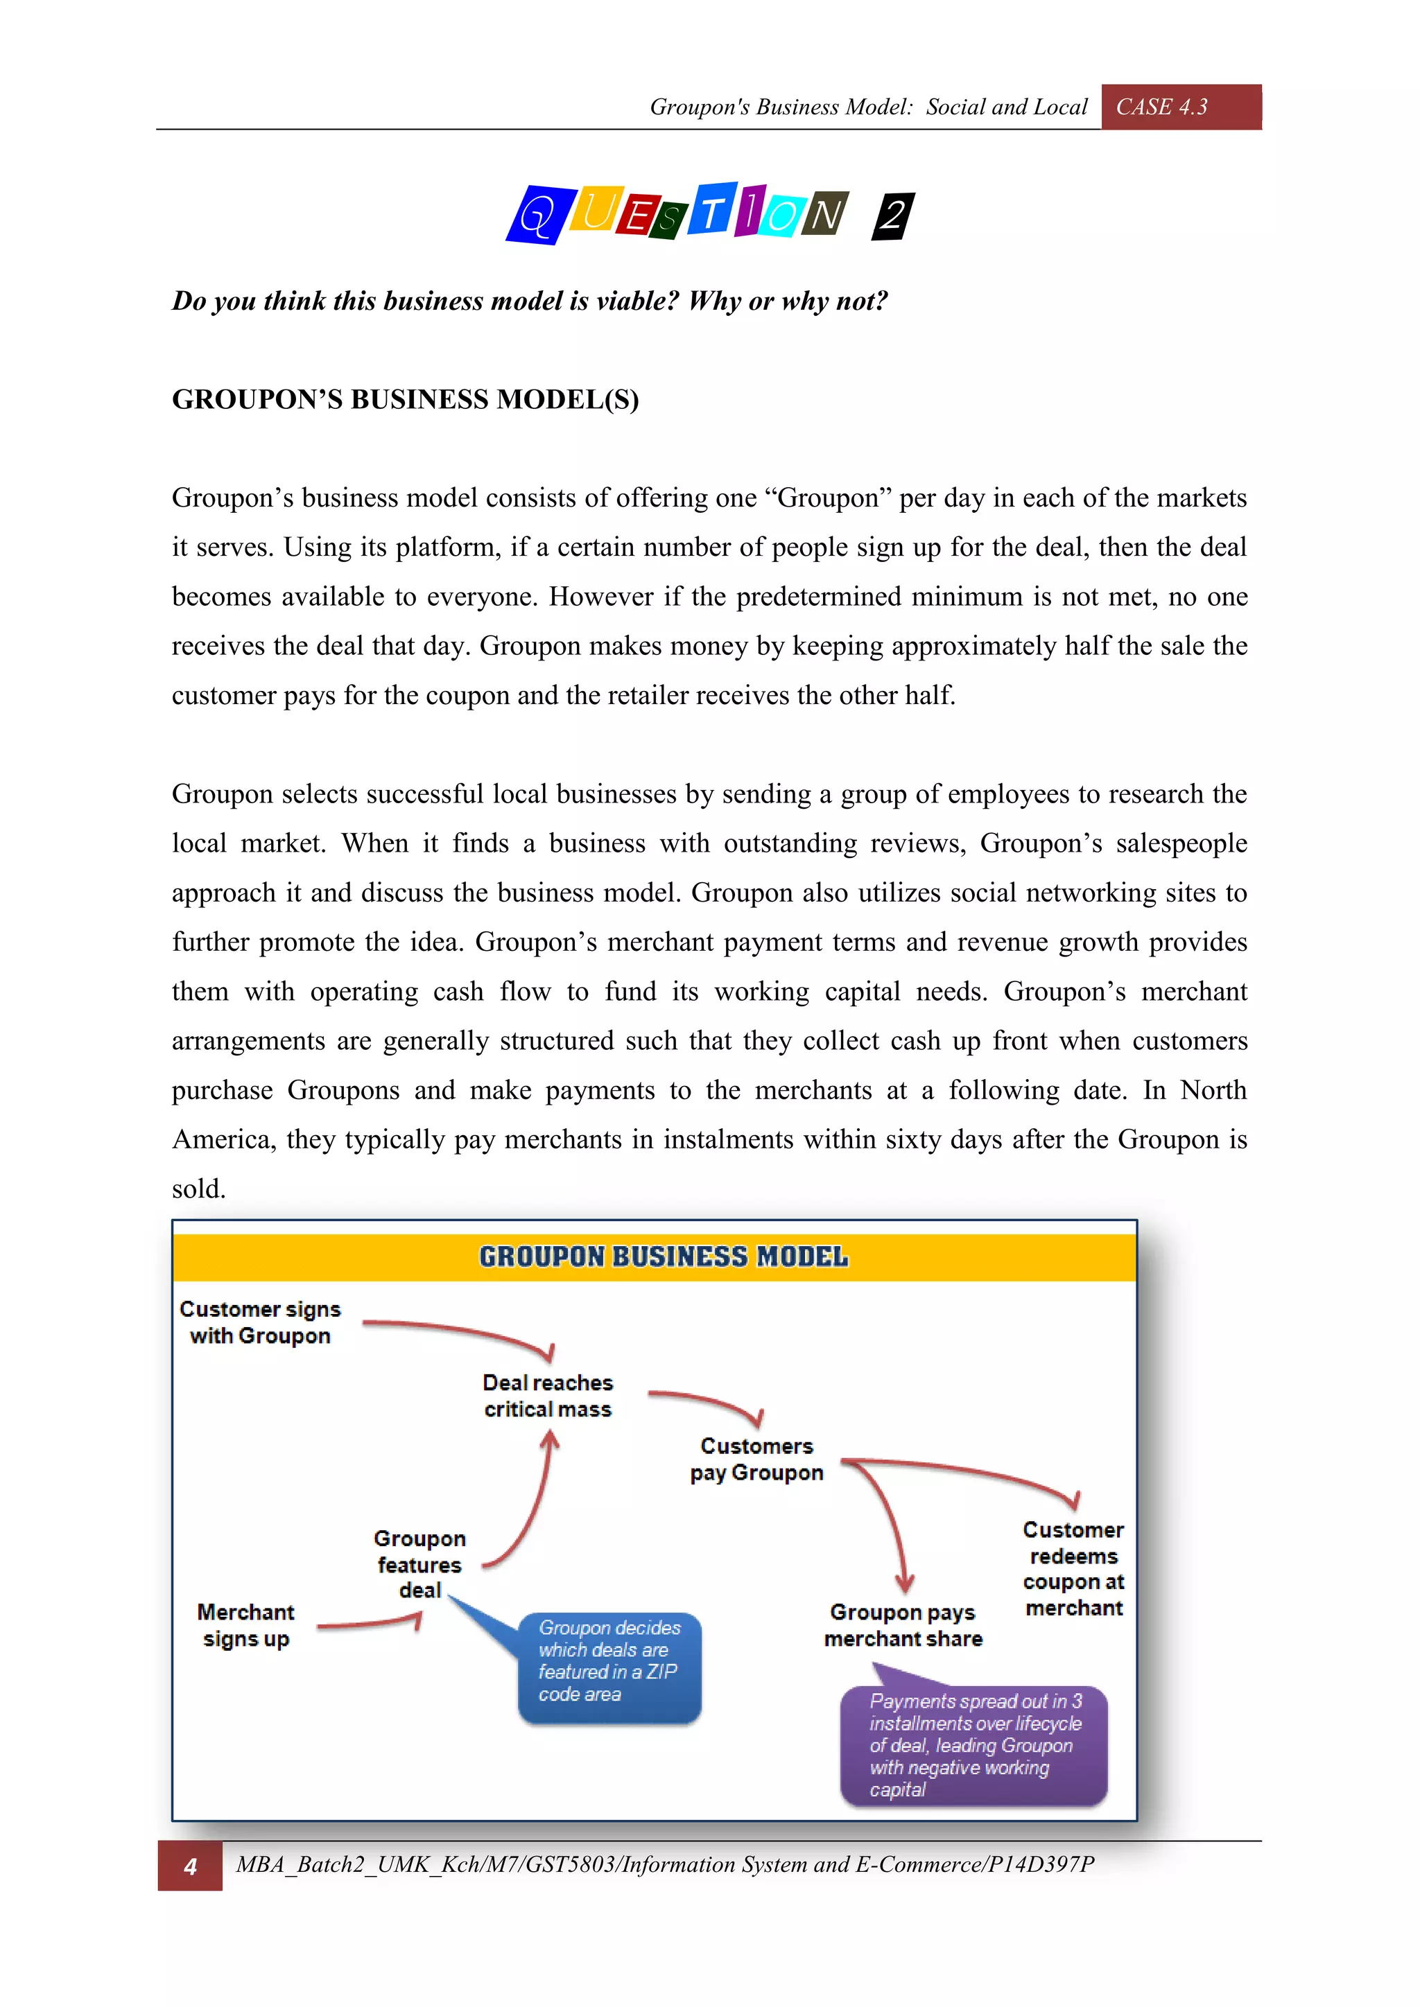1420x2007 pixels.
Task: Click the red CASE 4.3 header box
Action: (x=1179, y=107)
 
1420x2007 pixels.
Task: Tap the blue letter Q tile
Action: (x=535, y=215)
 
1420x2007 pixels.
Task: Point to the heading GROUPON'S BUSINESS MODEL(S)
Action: (x=405, y=399)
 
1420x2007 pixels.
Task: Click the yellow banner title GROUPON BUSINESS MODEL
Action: (x=663, y=1257)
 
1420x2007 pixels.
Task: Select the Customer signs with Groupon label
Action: (x=260, y=1322)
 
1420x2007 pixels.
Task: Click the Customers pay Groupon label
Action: (x=756, y=1459)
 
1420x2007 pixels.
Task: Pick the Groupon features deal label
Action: (x=419, y=1564)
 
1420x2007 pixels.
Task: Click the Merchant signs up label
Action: (x=245, y=1625)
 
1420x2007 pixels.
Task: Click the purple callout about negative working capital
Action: (x=973, y=1745)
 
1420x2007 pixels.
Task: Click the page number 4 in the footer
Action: (x=190, y=1866)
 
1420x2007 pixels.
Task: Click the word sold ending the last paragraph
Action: (x=198, y=1189)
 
